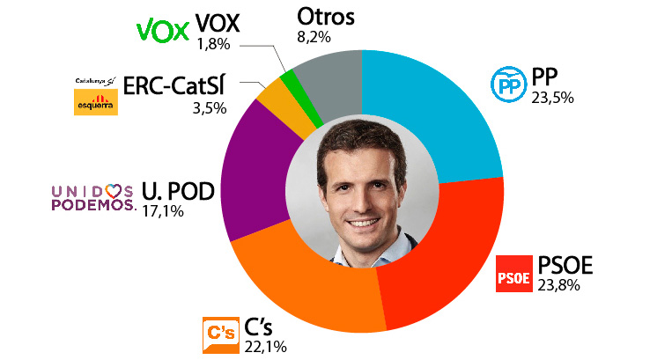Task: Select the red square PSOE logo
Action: [513, 275]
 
